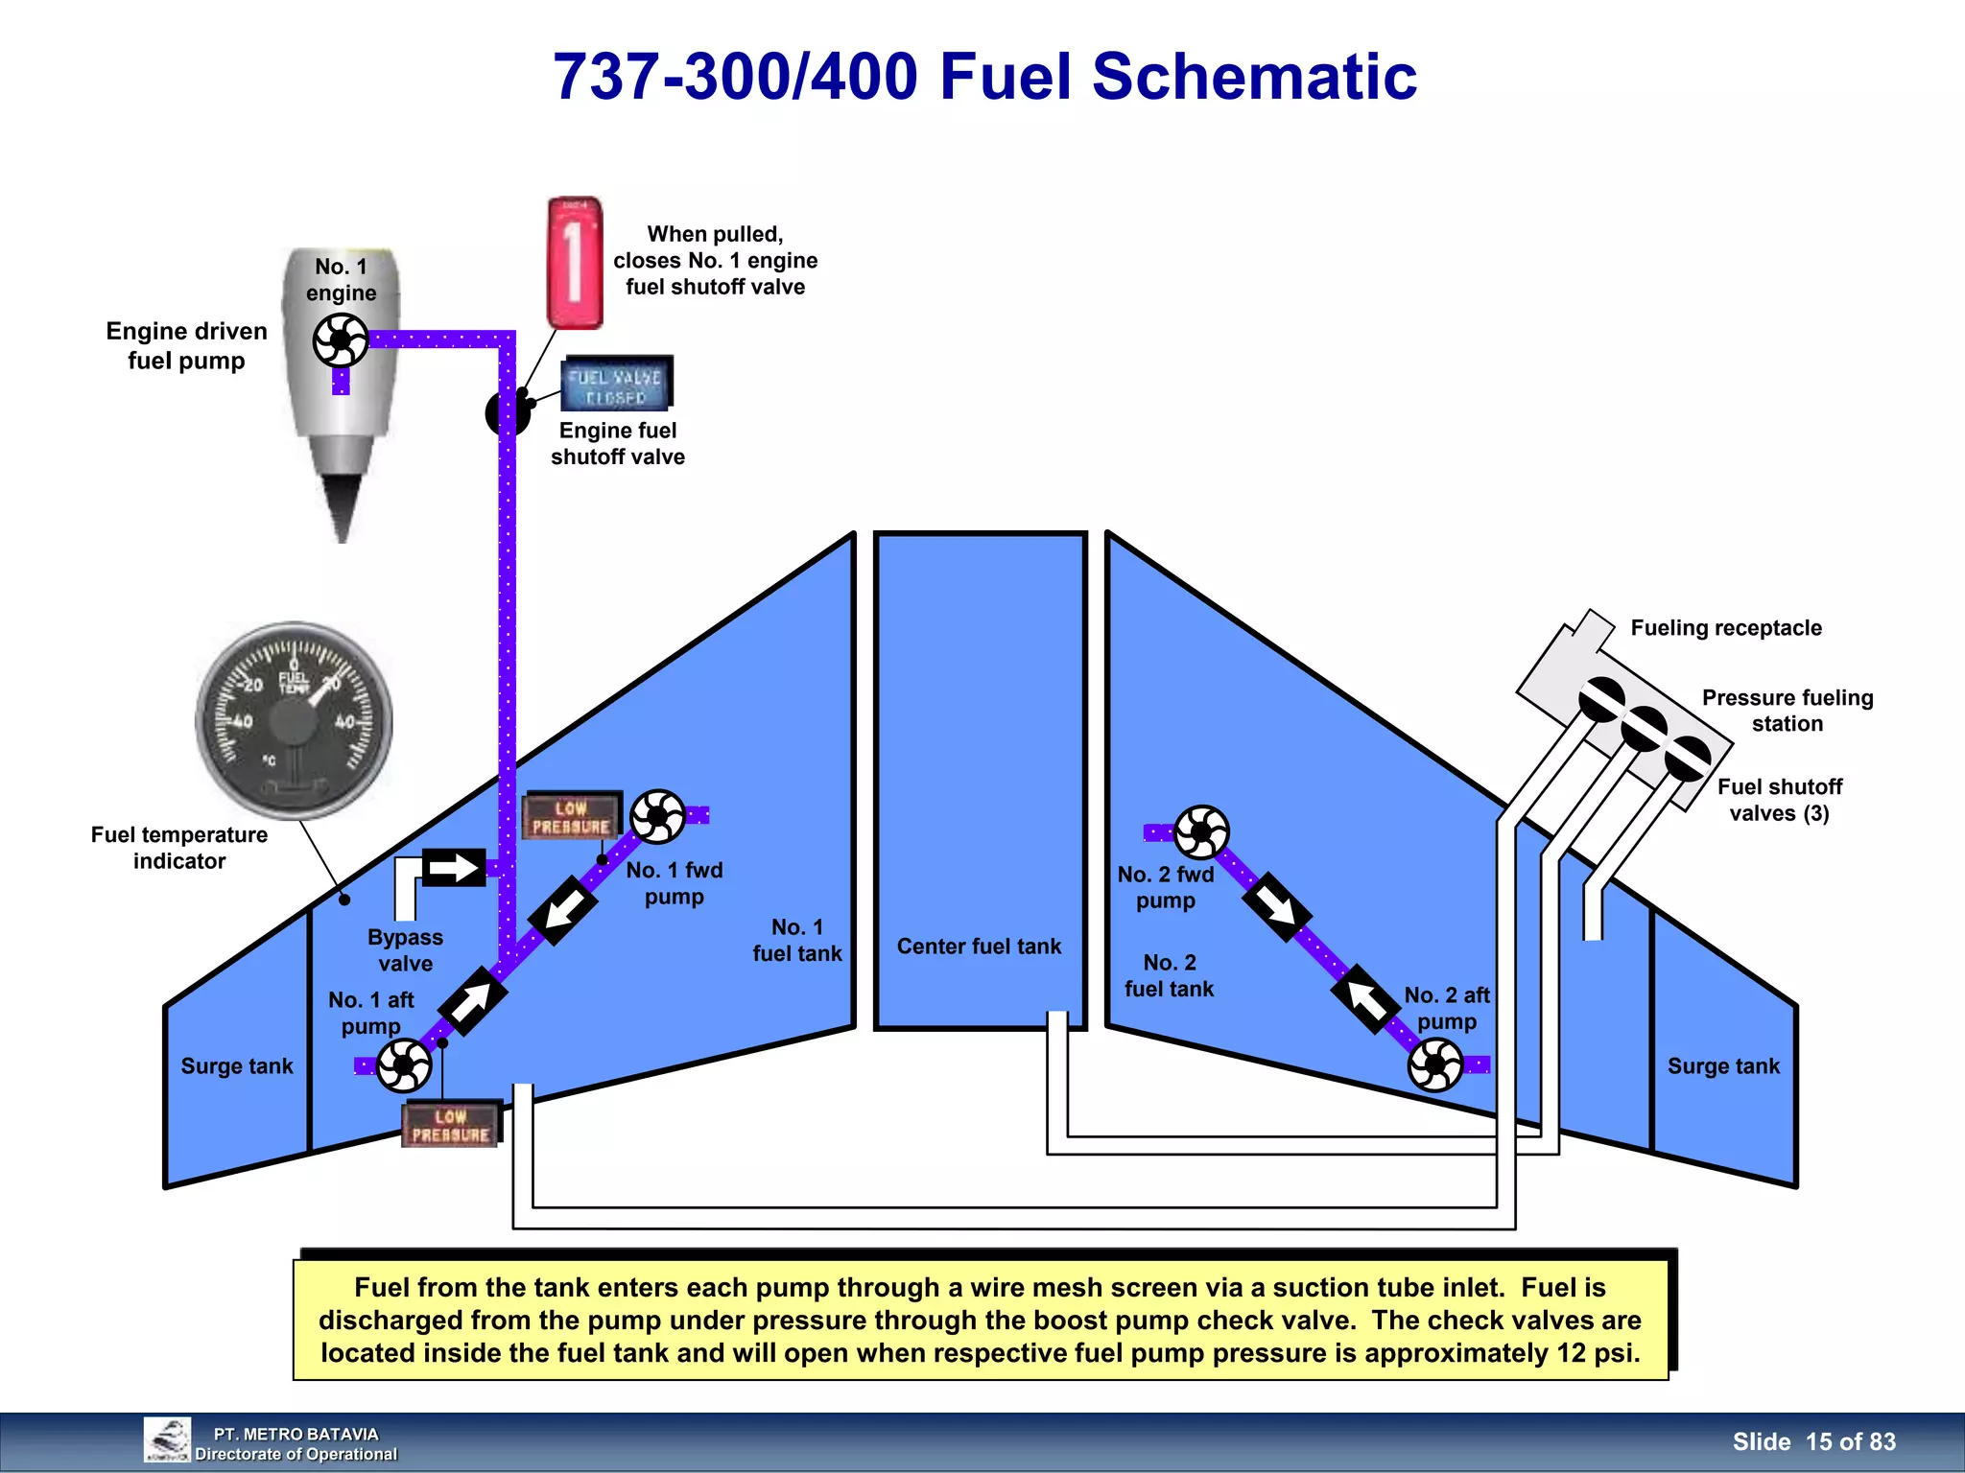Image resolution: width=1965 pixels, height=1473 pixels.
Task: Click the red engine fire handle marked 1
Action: click(x=575, y=263)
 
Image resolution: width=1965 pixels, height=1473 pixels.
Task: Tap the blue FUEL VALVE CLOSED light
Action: click(x=616, y=383)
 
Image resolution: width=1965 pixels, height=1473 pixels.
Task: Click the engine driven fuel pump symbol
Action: click(x=341, y=339)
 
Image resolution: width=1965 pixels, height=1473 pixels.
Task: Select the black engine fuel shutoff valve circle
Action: click(x=506, y=413)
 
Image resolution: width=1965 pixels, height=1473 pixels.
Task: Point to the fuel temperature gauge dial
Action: click(x=294, y=720)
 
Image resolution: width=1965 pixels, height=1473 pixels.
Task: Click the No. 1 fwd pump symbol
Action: click(x=658, y=816)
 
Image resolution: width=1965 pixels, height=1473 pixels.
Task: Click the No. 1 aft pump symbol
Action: click(x=404, y=1065)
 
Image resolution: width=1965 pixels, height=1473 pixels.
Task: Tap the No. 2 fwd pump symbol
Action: click(x=1201, y=831)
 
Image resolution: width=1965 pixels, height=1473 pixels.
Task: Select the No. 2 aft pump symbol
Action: click(x=1435, y=1064)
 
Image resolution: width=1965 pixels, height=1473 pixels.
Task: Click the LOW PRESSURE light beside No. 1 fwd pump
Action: click(x=572, y=816)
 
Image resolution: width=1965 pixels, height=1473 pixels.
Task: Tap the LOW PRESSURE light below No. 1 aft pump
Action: click(x=451, y=1125)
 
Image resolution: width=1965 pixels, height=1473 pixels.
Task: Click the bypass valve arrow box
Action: click(x=454, y=868)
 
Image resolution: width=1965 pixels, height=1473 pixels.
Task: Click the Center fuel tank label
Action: click(x=979, y=947)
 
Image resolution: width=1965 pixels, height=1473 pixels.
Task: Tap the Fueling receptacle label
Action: click(x=1725, y=628)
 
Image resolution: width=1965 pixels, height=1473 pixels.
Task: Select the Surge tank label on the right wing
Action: click(x=1723, y=1066)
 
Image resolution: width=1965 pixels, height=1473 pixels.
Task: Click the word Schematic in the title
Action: click(x=1254, y=77)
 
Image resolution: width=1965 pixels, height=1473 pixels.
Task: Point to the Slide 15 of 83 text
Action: click(x=1813, y=1441)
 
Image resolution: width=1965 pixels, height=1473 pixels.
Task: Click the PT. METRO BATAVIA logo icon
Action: click(x=167, y=1439)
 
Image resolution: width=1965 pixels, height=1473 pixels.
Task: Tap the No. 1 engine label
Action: click(x=342, y=279)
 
